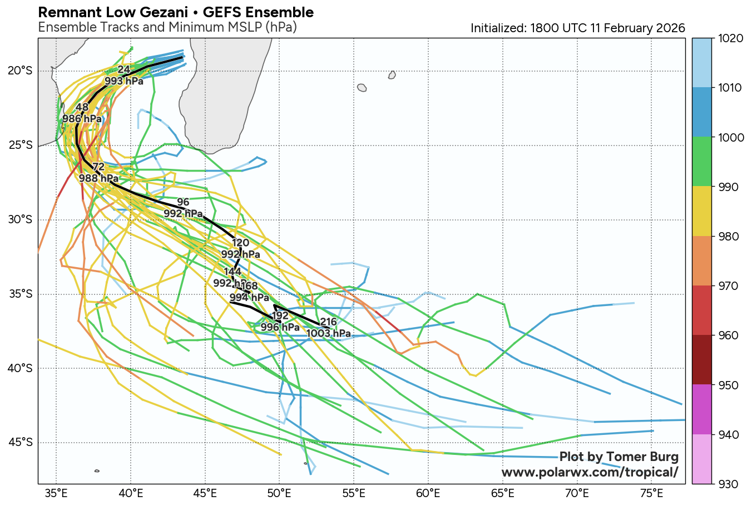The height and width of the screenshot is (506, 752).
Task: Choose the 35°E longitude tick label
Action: (x=56, y=493)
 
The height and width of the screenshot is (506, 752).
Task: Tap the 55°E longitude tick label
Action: (x=354, y=493)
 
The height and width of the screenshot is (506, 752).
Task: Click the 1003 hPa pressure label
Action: (x=329, y=333)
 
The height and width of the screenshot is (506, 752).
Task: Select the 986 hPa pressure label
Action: (x=82, y=119)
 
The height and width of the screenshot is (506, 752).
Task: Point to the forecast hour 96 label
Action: (x=183, y=202)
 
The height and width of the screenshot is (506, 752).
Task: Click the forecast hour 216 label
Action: (x=329, y=322)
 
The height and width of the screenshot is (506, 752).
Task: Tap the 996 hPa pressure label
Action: (x=280, y=327)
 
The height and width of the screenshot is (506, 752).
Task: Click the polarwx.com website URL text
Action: (x=590, y=472)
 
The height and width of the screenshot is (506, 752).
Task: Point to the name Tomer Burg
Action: (x=643, y=457)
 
